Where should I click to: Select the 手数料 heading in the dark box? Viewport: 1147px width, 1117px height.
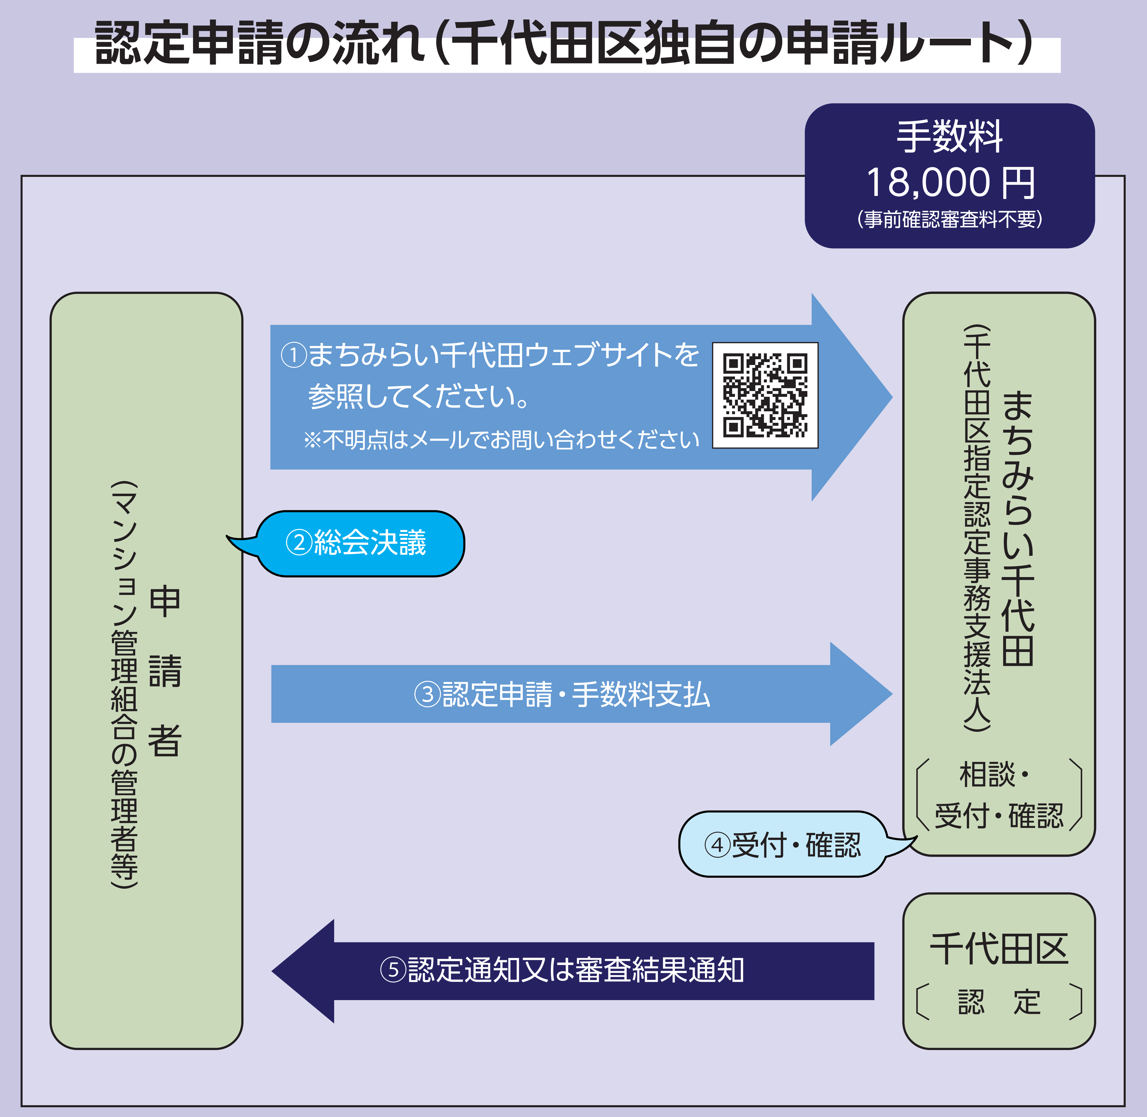[950, 137]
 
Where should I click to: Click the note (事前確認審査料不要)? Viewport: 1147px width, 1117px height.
[950, 219]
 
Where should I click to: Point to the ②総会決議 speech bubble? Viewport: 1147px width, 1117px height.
[359, 543]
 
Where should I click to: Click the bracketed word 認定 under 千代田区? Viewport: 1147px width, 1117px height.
[999, 1002]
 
